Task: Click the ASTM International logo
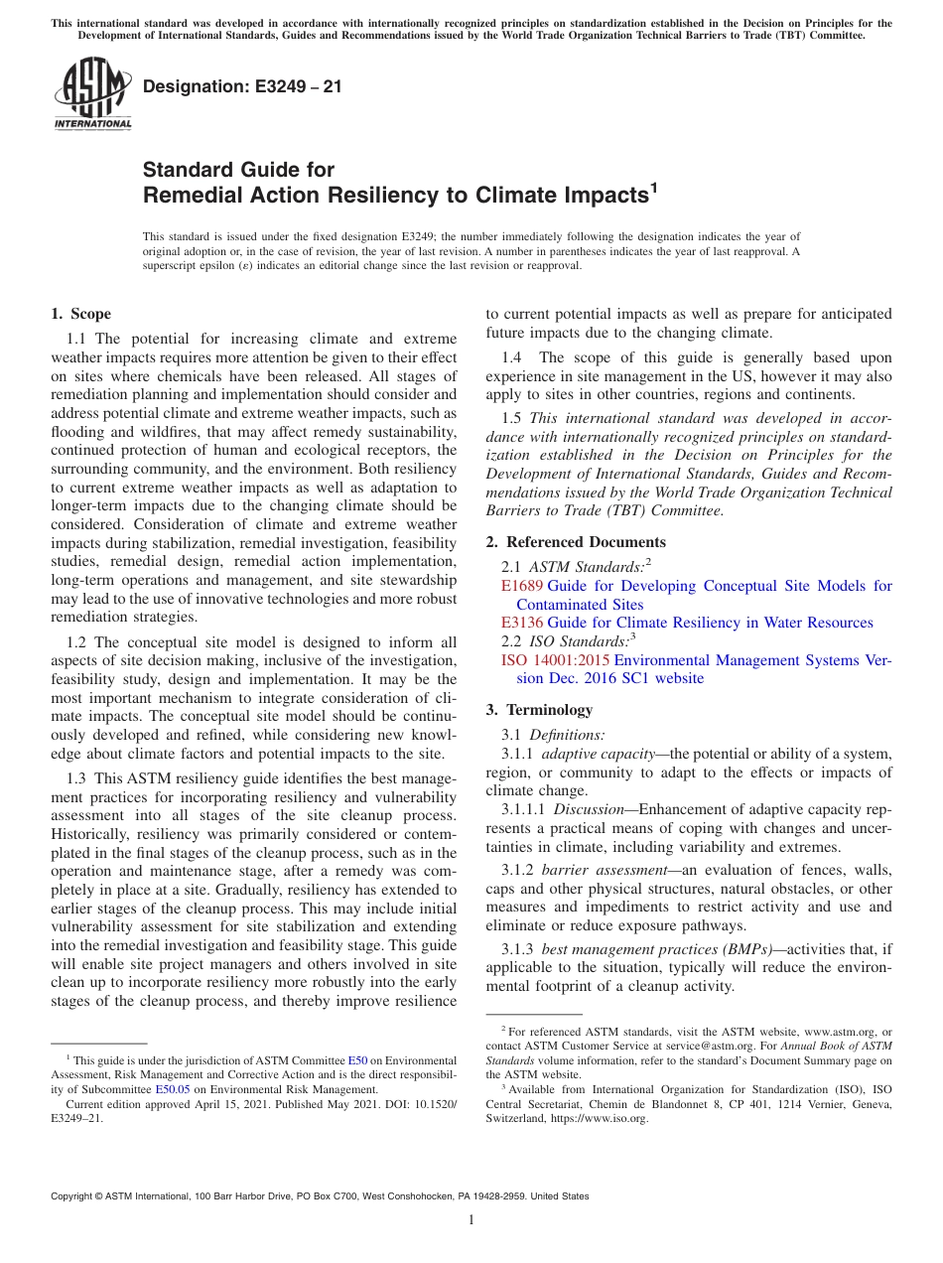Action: [x=92, y=94]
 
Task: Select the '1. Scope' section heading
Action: [x=80, y=315]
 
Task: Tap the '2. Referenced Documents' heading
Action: [x=576, y=542]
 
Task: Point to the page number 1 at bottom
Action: [x=471, y=1219]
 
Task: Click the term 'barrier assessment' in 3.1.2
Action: [x=604, y=870]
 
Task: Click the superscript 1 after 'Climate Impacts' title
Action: [x=653, y=188]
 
